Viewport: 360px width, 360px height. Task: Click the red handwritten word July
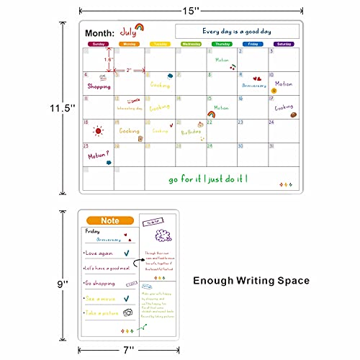pyautogui.click(x=127, y=31)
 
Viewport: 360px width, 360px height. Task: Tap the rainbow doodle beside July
pyautogui.click(x=139, y=27)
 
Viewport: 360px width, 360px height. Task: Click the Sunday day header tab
pyautogui.click(x=99, y=44)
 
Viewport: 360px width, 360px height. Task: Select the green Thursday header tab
pyautogui.click(x=222, y=44)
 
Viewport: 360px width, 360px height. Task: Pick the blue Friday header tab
pyautogui.click(x=252, y=44)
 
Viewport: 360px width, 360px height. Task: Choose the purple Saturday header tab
pyautogui.click(x=283, y=44)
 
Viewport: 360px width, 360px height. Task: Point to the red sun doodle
pyautogui.click(x=97, y=131)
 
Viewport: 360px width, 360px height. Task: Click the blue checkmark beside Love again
pyautogui.click(x=127, y=253)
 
